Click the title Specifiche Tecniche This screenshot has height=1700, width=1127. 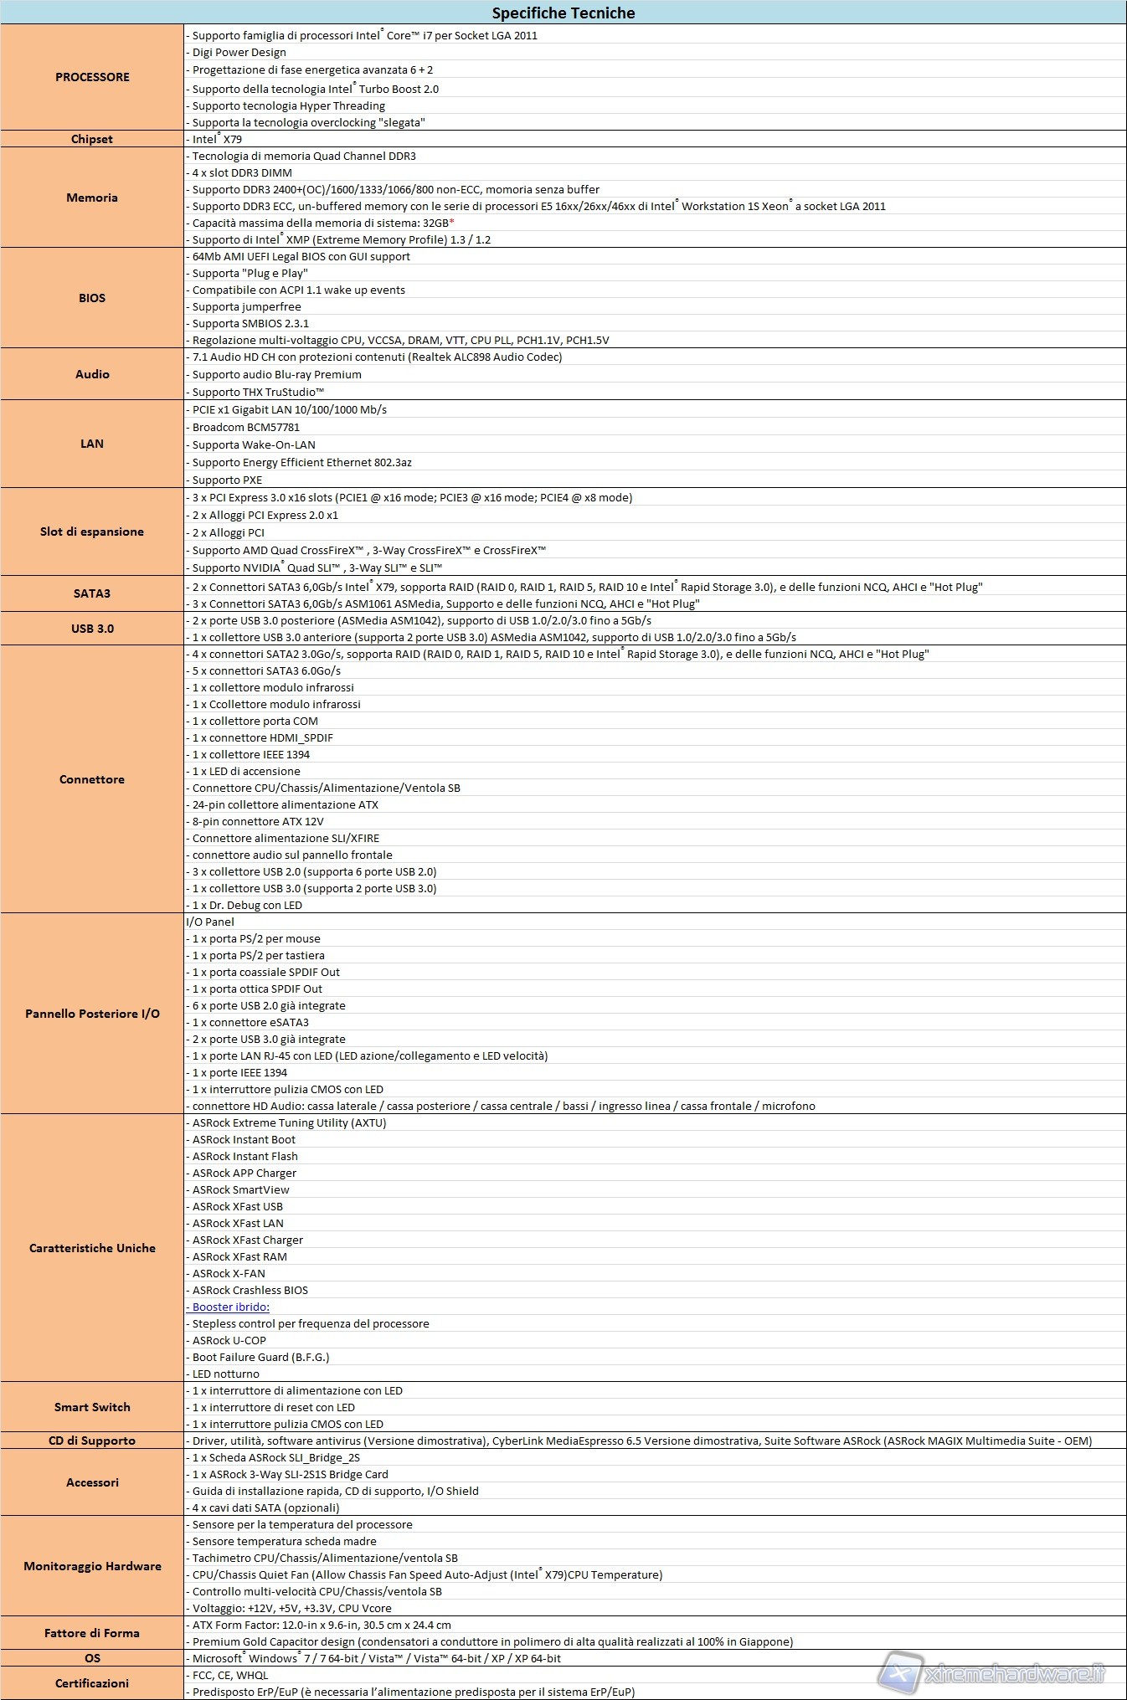pos(563,13)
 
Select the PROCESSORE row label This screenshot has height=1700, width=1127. pos(92,77)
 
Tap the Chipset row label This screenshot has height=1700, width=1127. pos(92,139)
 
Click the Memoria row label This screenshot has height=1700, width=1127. pos(92,198)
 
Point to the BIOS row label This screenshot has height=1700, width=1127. pos(92,298)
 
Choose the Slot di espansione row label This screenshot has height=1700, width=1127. pos(92,532)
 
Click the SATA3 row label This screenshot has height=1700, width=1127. pos(92,593)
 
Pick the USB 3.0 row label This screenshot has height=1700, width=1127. pos(92,629)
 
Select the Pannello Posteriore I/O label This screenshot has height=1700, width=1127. pos(92,1014)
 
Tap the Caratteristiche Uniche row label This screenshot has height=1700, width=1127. pos(92,1248)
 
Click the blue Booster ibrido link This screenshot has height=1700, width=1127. pos(230,1307)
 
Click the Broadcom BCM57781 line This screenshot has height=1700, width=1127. pos(245,427)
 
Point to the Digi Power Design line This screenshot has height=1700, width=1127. pos(239,52)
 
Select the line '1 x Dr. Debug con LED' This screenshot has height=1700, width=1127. pos(246,905)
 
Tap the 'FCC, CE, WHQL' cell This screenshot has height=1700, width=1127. pos(230,1675)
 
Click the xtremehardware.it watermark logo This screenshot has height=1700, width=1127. pos(996,1673)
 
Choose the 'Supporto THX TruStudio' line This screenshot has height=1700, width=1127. pos(257,392)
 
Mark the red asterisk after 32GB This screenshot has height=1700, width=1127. pos(452,223)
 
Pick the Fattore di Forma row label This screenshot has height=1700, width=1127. pos(92,1633)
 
